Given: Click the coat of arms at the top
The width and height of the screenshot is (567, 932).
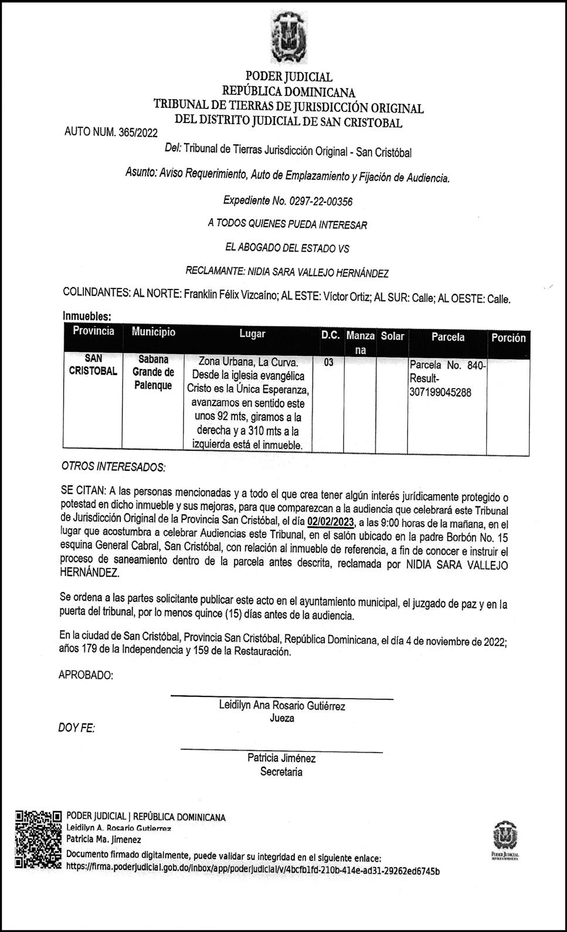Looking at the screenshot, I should click(288, 36).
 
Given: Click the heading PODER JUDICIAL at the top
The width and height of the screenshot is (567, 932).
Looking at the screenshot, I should click(288, 76).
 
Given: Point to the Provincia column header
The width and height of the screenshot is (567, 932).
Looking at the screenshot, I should click(93, 331).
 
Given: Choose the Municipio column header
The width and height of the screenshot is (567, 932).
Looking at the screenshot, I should click(153, 332).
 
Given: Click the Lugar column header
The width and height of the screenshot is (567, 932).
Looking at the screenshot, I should click(252, 334).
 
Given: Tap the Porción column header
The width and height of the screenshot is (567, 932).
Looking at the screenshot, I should click(508, 338).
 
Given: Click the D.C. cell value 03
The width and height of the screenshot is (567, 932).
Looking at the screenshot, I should click(328, 362).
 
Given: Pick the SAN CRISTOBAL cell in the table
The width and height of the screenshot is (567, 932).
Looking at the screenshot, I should click(93, 365).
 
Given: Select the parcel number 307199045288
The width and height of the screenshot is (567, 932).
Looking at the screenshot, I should click(440, 393).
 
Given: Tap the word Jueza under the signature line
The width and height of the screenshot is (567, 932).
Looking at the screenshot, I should click(282, 718).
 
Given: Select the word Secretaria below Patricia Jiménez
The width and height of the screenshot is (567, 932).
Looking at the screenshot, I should click(281, 771).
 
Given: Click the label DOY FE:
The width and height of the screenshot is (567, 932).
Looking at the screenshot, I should click(77, 728).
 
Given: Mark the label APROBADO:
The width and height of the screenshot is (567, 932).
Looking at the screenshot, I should click(86, 675).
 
